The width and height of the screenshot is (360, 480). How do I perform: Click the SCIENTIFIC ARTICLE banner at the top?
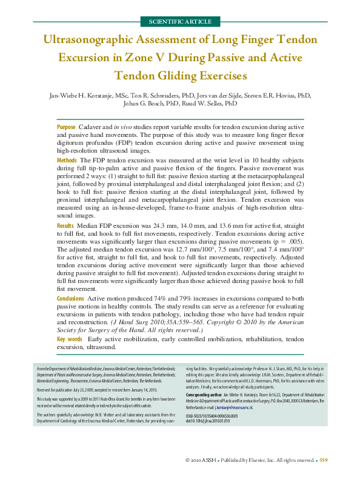(179, 22)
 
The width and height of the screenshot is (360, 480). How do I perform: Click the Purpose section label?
(66, 127)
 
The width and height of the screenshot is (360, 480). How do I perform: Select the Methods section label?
(67, 157)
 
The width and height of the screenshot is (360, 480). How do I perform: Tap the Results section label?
(65, 224)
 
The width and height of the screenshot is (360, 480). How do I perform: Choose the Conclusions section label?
(71, 299)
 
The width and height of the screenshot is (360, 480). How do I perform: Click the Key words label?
(70, 340)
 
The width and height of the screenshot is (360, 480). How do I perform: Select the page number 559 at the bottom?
(323, 461)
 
